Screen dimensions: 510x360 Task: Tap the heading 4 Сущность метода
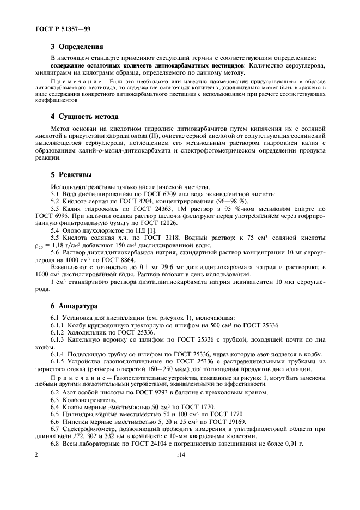[84, 117]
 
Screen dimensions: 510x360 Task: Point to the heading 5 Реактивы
[71, 175]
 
